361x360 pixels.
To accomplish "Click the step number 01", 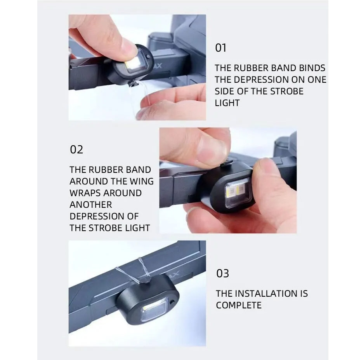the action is click(220, 48).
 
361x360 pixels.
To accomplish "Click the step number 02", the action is click(76, 150).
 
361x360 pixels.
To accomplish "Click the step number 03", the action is click(223, 273).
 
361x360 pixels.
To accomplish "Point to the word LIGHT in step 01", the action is click(227, 103).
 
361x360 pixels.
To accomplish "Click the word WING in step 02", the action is click(142, 181).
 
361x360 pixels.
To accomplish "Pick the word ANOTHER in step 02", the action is click(91, 205).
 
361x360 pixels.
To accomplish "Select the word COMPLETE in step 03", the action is click(239, 305).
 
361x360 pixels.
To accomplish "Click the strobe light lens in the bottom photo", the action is click(154, 311).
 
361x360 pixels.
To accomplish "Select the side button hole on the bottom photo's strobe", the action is click(172, 301).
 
